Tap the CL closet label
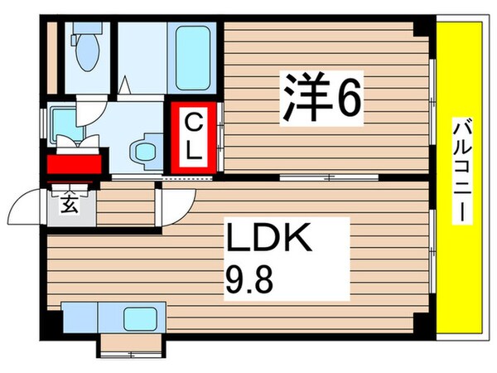tap(193, 138)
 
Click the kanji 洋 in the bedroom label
tap(305, 98)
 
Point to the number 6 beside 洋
tap(348, 99)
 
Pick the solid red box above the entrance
tap(75, 163)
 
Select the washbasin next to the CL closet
tap(147, 151)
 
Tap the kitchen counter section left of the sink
tap(80, 317)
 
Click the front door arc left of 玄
tap(33, 203)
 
